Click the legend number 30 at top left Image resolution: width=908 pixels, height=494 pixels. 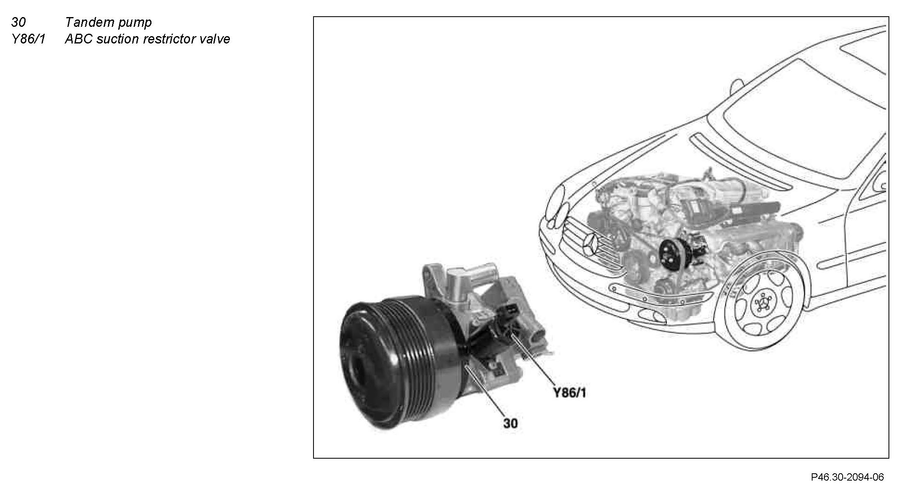point(18,22)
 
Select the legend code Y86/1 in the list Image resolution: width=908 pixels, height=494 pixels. point(28,39)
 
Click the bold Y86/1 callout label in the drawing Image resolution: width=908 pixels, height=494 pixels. point(570,393)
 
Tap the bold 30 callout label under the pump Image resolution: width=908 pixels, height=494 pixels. point(510,423)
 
